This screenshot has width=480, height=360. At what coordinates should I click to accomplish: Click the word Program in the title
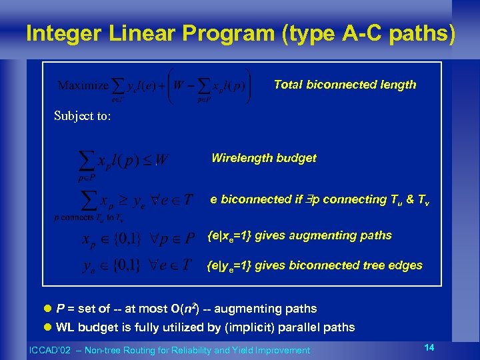pos(229,33)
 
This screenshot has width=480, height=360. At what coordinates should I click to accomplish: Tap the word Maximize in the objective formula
pos(83,85)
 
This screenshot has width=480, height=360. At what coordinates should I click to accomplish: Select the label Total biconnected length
pos(345,85)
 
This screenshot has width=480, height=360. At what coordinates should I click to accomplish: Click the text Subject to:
pos(83,116)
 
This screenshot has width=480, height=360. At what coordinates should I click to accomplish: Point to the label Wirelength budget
pos(263,158)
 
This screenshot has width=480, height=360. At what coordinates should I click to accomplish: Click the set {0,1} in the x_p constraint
pos(121,239)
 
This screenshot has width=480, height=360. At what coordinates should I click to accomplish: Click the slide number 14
pos(429,348)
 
